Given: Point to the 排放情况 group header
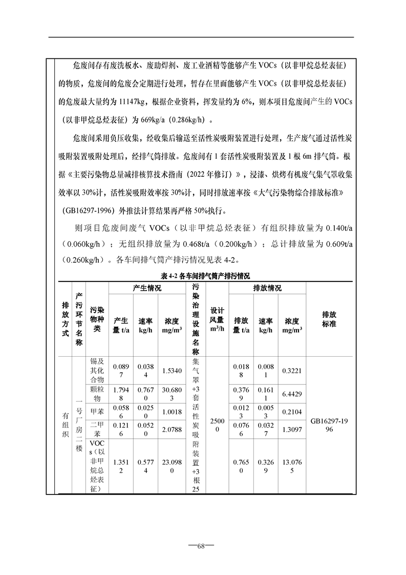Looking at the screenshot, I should click(267, 289).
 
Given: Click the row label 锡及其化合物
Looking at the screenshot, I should click(96, 370).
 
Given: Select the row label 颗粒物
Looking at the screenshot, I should click(96, 394).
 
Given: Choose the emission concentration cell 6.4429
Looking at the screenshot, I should click(292, 394).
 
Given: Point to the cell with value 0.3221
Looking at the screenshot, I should click(292, 370).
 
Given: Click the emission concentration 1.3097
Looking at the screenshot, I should click(292, 428).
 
